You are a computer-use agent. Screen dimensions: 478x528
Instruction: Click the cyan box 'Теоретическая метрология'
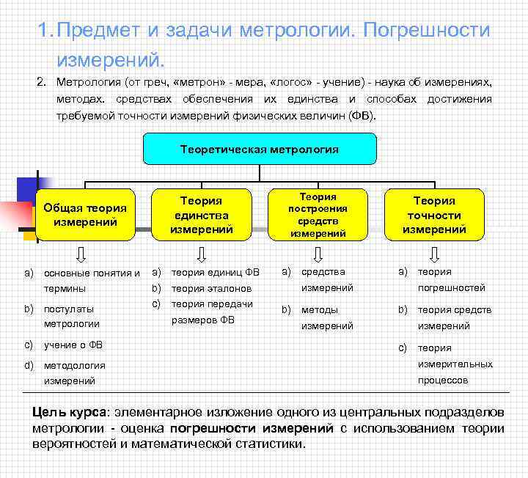point(260,149)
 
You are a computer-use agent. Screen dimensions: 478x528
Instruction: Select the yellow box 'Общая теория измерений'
point(85,215)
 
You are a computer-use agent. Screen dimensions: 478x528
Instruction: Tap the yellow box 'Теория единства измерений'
point(201,215)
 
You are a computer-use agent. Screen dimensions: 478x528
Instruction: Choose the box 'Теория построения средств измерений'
point(318,215)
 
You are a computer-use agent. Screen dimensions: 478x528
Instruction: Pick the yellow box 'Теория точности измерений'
point(434,215)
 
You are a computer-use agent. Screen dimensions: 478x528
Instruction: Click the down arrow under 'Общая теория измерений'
point(82,254)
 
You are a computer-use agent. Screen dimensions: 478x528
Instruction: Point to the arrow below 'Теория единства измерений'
point(201,254)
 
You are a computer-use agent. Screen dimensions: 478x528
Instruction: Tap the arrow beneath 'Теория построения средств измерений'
point(318,254)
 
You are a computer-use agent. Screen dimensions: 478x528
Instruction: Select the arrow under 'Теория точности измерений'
point(434,254)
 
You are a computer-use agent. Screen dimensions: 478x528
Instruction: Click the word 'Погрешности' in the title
point(427,31)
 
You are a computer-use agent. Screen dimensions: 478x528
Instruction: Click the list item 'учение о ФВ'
point(73,345)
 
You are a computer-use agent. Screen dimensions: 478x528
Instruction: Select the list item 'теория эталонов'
point(211,288)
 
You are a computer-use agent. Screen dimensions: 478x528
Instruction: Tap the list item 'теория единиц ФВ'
point(215,272)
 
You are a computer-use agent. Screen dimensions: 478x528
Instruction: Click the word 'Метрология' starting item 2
point(88,81)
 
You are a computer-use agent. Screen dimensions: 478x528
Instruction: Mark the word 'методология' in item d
point(74,365)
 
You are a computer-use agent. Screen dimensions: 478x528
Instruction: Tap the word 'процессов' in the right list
point(443,380)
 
